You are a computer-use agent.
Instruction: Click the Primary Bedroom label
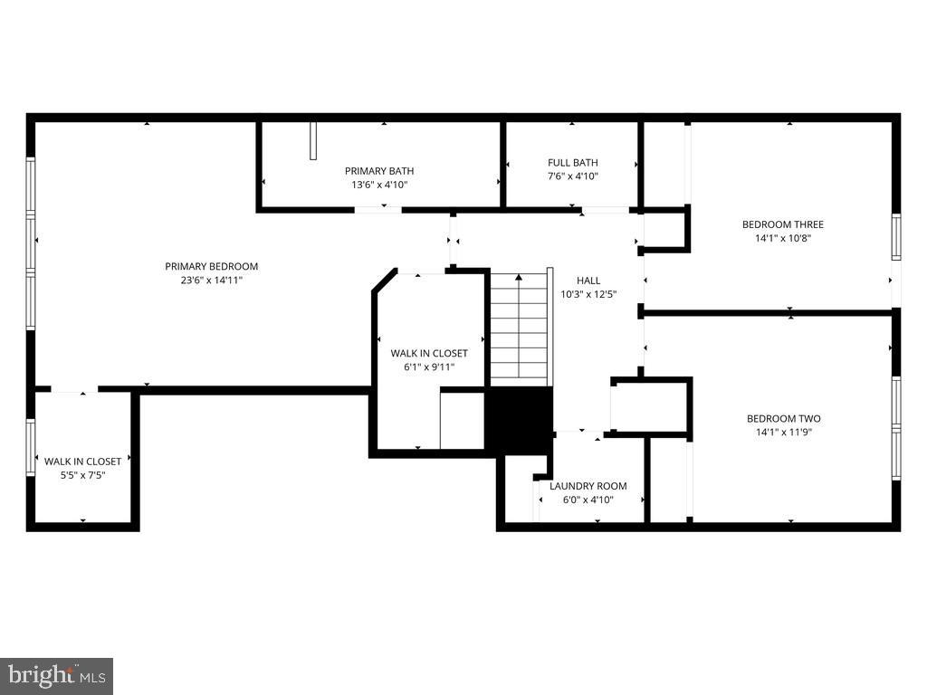211,266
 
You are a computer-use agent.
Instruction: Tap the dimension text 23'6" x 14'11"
211,281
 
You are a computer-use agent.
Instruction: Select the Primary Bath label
379,171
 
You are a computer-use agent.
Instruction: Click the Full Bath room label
572,163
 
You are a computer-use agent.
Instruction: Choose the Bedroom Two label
783,418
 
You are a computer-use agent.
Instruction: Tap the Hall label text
588,281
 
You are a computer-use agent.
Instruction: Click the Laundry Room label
588,486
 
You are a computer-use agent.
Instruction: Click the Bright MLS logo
56,675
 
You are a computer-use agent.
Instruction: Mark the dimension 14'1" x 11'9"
783,433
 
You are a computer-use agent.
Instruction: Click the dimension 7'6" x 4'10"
572,176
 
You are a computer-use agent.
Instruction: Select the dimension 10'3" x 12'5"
588,294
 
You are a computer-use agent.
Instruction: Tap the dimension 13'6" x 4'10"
379,185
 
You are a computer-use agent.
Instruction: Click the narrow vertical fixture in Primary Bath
313,141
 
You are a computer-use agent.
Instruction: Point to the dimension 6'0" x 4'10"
588,500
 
